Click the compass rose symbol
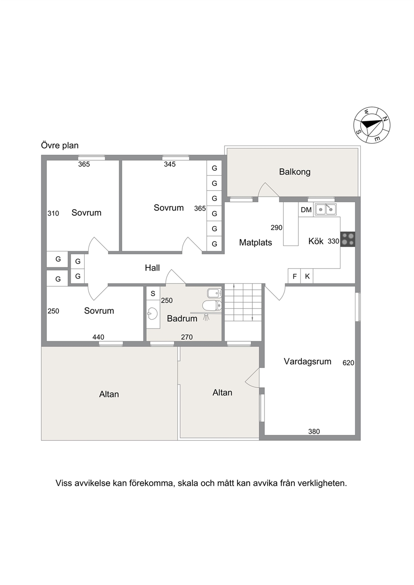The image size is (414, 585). click(x=372, y=125)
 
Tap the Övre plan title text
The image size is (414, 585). click(x=60, y=146)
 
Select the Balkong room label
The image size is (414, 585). click(x=295, y=172)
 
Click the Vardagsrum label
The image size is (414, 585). click(x=307, y=362)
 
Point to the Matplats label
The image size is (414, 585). click(x=255, y=243)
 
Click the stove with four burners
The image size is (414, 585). click(x=348, y=239)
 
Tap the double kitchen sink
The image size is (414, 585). click(x=326, y=209)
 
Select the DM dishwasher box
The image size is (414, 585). click(x=306, y=209)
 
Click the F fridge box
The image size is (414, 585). click(x=294, y=276)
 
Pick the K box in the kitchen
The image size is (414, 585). click(x=307, y=276)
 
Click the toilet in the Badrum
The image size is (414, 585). click(x=212, y=305)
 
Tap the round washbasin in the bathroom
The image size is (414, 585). click(x=152, y=314)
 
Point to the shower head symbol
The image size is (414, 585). click(x=207, y=317)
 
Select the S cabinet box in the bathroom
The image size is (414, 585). click(x=153, y=293)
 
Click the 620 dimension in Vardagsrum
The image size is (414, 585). click(x=348, y=363)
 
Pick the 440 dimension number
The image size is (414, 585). click(x=98, y=337)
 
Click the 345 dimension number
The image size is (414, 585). click(x=169, y=164)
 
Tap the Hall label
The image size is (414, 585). click(x=152, y=268)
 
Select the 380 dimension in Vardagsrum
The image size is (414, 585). click(x=314, y=432)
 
